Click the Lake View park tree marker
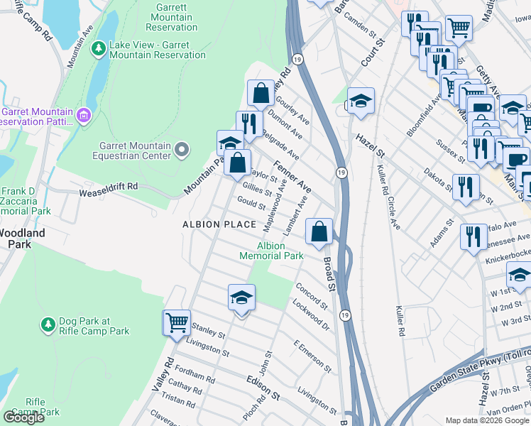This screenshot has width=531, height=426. coord(99,49)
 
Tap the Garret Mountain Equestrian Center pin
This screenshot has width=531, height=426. coord(182,149)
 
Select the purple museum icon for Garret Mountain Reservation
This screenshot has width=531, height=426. coord(84,115)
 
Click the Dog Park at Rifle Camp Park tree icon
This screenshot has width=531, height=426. coord(48,324)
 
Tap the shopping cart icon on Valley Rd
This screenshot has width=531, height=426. coord(176,322)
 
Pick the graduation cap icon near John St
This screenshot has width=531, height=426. coord(241,297)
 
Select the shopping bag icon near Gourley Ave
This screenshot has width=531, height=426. coord(261,93)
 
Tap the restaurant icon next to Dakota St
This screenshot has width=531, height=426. coord(465,187)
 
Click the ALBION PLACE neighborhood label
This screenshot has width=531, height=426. coord(219,224)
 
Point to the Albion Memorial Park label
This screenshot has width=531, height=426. coord(271,251)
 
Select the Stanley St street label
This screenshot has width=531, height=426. coord(209,331)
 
